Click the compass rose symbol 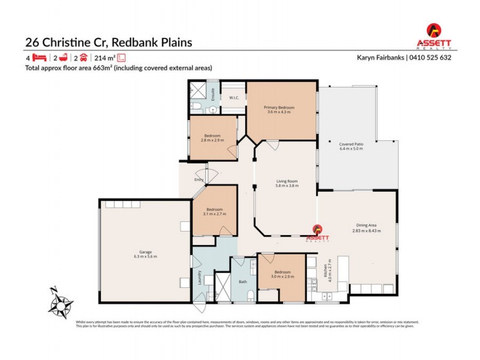coord(60,302)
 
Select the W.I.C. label coord(235,97)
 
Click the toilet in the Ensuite coord(196,107)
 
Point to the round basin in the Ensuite coord(212,110)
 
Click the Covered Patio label coord(350,144)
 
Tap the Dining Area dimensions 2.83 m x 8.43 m coord(366,230)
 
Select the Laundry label coord(199,277)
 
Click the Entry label coord(199,179)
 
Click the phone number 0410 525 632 coord(430,58)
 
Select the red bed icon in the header coord(39,58)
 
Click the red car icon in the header coord(83,58)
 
